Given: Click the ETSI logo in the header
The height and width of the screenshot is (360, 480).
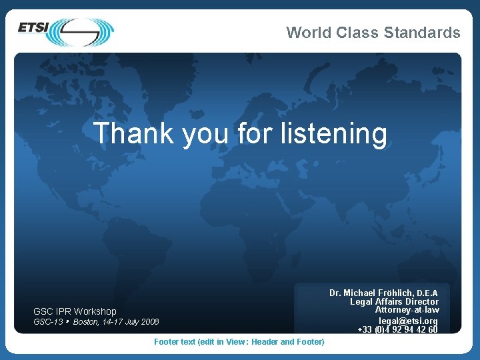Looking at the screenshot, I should pyautogui.click(x=65, y=31).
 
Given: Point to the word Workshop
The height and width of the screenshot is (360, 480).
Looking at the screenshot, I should pyautogui.click(x=95, y=311).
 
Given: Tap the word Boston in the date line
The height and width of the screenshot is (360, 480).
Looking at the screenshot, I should pyautogui.click(x=86, y=322).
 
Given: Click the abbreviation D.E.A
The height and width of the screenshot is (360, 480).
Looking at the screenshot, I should pyautogui.click(x=427, y=293).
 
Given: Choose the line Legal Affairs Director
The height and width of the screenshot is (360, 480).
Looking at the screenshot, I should pyautogui.click(x=395, y=302).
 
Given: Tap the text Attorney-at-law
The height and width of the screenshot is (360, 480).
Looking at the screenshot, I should pyautogui.click(x=407, y=310).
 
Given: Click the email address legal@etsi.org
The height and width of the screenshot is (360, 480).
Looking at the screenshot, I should pyautogui.click(x=408, y=321).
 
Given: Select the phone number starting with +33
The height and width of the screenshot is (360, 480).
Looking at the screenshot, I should pyautogui.click(x=398, y=329).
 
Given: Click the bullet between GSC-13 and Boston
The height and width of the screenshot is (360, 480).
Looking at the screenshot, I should pyautogui.click(x=68, y=321).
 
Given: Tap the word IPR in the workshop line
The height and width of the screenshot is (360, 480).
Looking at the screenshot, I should pyautogui.click(x=63, y=311).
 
